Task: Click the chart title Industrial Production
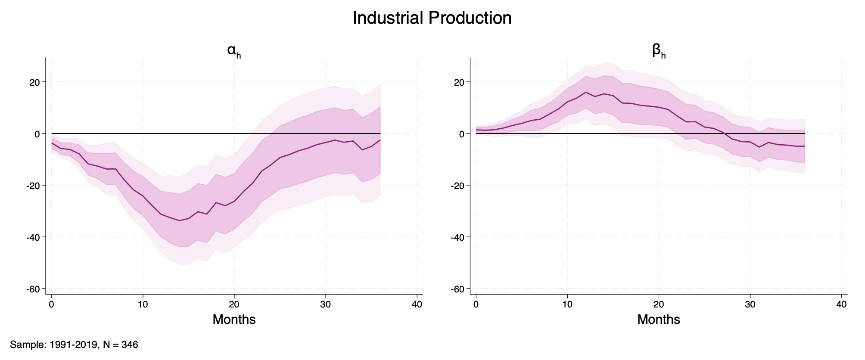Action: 432,18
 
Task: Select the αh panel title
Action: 234,52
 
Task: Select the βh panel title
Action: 659,52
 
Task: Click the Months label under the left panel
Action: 234,320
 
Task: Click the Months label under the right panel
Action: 659,320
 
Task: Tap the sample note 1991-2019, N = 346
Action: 74,345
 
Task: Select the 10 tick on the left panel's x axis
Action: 143,304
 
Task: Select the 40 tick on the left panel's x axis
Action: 417,304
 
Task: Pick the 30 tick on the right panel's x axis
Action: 750,304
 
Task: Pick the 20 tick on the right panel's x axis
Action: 659,304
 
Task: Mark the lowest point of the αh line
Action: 179,220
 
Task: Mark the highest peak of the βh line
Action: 586,92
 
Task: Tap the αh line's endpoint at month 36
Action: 380,140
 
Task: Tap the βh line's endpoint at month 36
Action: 804,146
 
